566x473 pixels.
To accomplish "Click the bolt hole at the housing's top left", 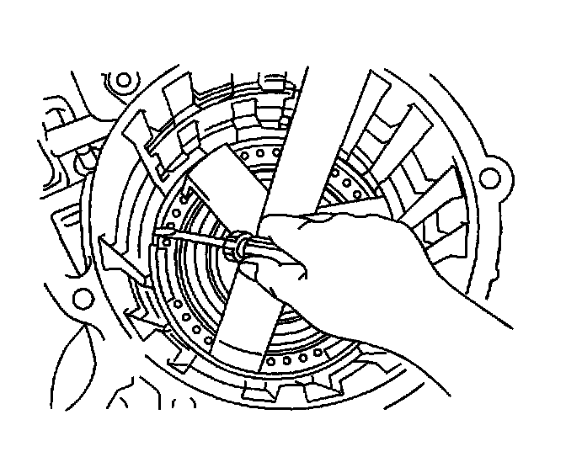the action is tap(125, 81).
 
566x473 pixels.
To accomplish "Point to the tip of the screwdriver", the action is tap(157, 239).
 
